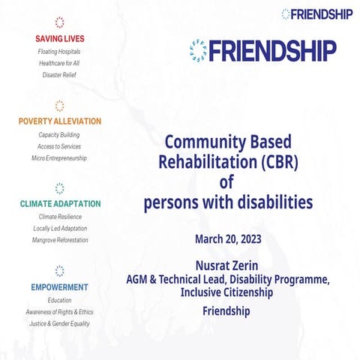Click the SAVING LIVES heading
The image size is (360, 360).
(59, 37)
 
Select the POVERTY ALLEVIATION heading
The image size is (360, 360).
(60, 121)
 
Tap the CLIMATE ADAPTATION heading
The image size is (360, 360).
(60, 204)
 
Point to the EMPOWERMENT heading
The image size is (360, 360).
(60, 287)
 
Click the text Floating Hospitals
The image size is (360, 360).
(59, 52)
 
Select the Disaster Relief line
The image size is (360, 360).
(59, 75)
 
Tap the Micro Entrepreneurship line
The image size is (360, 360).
(59, 158)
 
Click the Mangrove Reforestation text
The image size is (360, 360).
(60, 240)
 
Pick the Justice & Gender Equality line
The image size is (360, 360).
(60, 323)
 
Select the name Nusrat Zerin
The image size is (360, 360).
(226, 265)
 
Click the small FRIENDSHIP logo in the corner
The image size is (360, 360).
(319, 13)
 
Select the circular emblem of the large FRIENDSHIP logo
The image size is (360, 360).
(199, 51)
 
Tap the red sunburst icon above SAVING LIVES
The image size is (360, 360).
(59, 22)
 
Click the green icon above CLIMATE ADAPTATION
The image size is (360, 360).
(60, 188)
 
